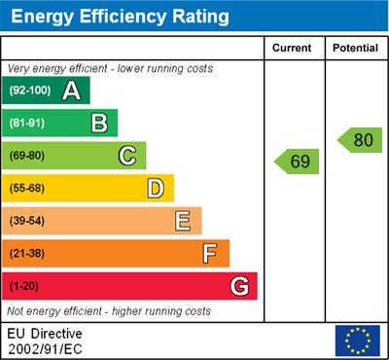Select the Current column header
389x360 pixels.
tap(292, 48)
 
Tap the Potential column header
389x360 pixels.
tap(355, 48)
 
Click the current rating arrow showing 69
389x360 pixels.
tap(298, 161)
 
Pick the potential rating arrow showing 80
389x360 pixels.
tap(360, 140)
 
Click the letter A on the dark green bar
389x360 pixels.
tap(71, 91)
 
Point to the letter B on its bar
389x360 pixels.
tap(98, 123)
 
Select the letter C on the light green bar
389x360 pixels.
tap(126, 155)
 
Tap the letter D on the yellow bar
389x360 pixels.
tap(155, 188)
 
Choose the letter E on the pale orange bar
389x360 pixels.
tap(182, 221)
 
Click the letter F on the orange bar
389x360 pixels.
tap(210, 254)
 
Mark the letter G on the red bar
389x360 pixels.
tap(238, 287)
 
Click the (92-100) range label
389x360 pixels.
tap(30, 91)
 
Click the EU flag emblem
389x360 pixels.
tap(357, 340)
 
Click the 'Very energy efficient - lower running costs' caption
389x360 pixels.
tap(110, 69)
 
